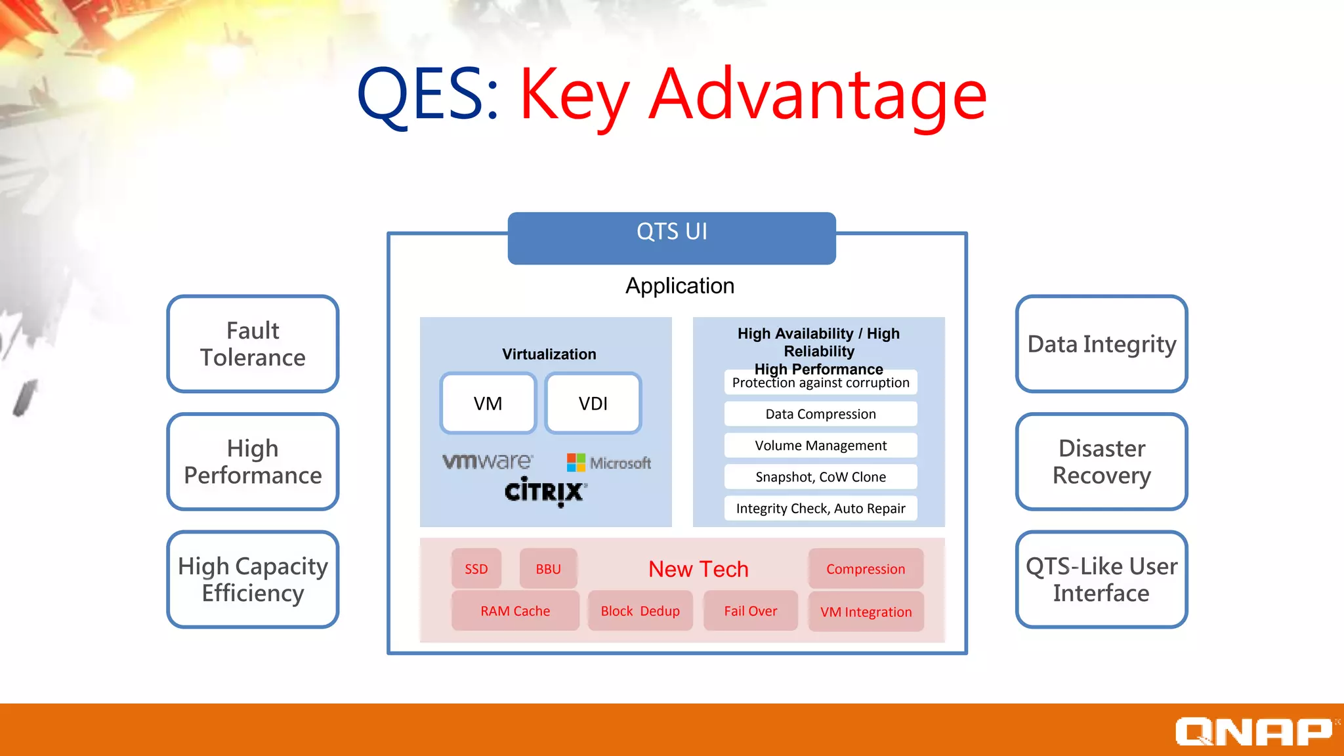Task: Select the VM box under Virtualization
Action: coord(488,403)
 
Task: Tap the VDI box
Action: coord(593,403)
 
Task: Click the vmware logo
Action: coord(487,461)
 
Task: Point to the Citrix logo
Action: coord(545,492)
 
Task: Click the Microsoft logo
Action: coord(609,463)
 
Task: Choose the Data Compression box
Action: coord(820,414)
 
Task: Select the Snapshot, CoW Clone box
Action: coord(820,477)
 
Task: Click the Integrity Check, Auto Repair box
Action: coord(820,509)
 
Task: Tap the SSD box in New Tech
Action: coord(476,569)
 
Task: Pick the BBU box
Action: coord(548,569)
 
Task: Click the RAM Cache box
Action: coord(515,611)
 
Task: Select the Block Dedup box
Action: coord(640,611)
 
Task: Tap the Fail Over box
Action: coord(750,611)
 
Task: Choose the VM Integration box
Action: coord(866,612)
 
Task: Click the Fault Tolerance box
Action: coord(253,344)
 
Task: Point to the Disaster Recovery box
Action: coord(1101,461)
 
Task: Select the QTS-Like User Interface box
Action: coord(1101,579)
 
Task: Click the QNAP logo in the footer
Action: coord(1253,731)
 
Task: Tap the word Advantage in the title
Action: coord(817,95)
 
